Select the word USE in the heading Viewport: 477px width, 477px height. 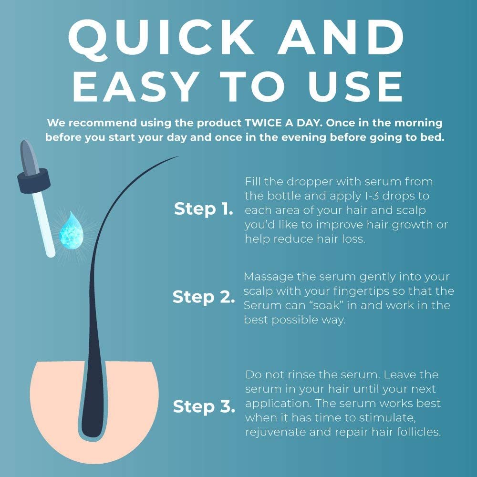click(355, 87)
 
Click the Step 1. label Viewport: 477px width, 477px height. click(204, 209)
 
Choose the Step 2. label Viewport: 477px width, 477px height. click(204, 297)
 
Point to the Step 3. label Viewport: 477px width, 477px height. click(204, 406)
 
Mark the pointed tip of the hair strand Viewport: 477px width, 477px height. click(178, 156)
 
